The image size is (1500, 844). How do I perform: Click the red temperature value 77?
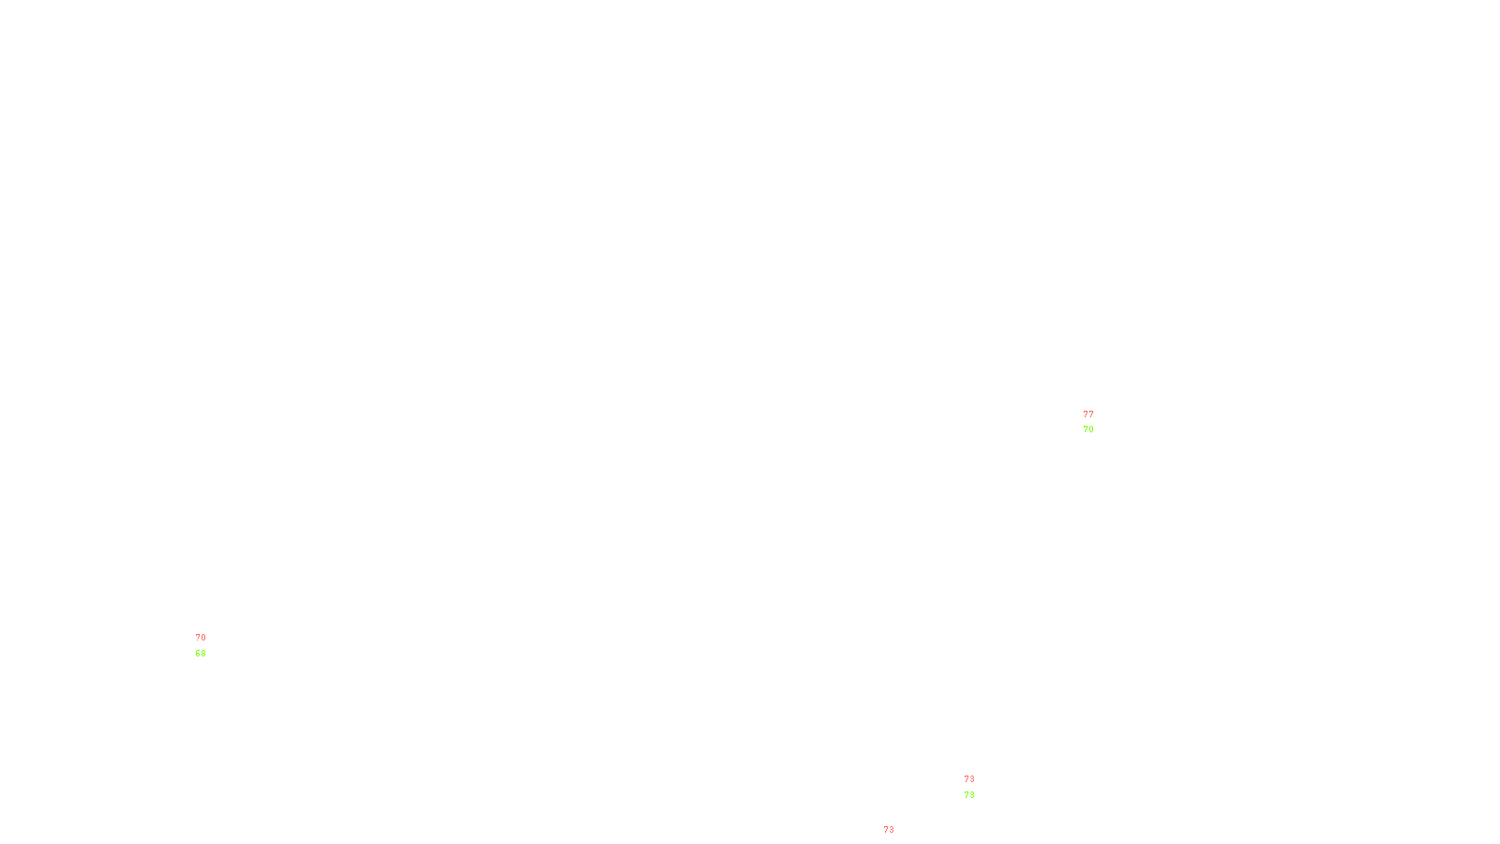(1087, 414)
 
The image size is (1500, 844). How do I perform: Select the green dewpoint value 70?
(1087, 430)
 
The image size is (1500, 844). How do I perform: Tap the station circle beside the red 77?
(1097, 422)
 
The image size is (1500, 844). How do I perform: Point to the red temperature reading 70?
(201, 638)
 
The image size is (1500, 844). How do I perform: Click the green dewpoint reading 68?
(200, 654)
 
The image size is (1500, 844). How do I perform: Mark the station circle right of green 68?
(209, 645)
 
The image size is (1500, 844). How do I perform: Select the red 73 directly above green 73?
(968, 779)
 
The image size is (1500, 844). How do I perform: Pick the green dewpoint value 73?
(968, 795)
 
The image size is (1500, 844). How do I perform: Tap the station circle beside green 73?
(979, 787)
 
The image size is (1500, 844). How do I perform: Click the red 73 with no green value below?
(888, 830)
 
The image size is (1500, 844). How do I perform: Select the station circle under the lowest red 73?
(898, 838)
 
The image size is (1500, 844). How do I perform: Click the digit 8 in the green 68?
(202, 654)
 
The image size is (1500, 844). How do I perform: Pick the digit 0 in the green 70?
(1090, 430)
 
